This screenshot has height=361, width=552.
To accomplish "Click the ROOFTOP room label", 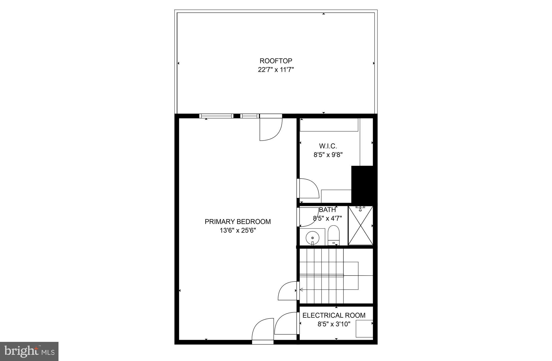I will point(276,61).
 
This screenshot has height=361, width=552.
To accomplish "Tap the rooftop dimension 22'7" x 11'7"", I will point(276,70).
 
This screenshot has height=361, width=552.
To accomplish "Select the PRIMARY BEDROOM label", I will point(237,222).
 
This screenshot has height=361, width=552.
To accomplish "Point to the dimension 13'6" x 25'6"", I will point(237,231).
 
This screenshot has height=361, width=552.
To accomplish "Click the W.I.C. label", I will point(328,146).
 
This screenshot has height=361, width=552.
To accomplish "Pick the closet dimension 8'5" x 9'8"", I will point(328,155).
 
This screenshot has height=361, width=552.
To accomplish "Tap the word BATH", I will point(327,210).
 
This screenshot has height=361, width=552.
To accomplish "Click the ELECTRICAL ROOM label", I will point(334,315).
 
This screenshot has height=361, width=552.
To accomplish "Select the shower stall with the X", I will point(360,225).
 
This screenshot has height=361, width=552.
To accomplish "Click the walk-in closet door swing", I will point(308,188).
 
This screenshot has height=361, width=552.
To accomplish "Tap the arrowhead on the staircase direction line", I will point(301,290).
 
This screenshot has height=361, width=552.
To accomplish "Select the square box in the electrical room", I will point(364,328).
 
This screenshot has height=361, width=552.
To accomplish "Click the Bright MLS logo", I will point(29,352).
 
